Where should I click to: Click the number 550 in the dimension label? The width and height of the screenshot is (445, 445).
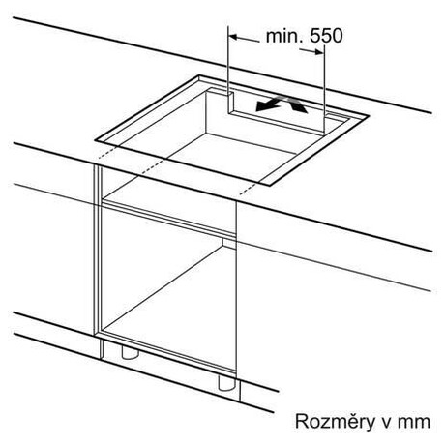tap(326, 35)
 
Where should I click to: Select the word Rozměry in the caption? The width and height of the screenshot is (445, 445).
tap(335, 422)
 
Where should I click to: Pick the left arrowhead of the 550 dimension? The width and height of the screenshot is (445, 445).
tap(233, 37)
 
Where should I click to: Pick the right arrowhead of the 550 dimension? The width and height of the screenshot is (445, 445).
tap(319, 51)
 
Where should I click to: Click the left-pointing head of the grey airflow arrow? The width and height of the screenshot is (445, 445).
tap(263, 106)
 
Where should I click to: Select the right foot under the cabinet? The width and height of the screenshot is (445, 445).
tap(227, 383)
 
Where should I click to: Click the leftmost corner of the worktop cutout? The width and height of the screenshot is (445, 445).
tap(96, 140)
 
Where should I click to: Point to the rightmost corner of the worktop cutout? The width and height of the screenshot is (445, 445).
tap(369, 116)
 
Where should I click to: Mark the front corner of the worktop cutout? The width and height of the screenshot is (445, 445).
tap(270, 186)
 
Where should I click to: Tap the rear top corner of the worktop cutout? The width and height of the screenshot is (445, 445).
tap(199, 75)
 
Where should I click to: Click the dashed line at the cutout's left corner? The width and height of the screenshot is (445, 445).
tap(106, 153)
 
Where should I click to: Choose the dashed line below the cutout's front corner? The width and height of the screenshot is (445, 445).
tap(249, 189)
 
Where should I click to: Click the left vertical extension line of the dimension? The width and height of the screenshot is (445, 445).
tap(228, 70)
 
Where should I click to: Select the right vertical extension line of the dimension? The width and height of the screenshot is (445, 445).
tap(324, 89)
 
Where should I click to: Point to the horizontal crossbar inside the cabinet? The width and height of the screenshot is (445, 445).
tap(168, 219)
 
